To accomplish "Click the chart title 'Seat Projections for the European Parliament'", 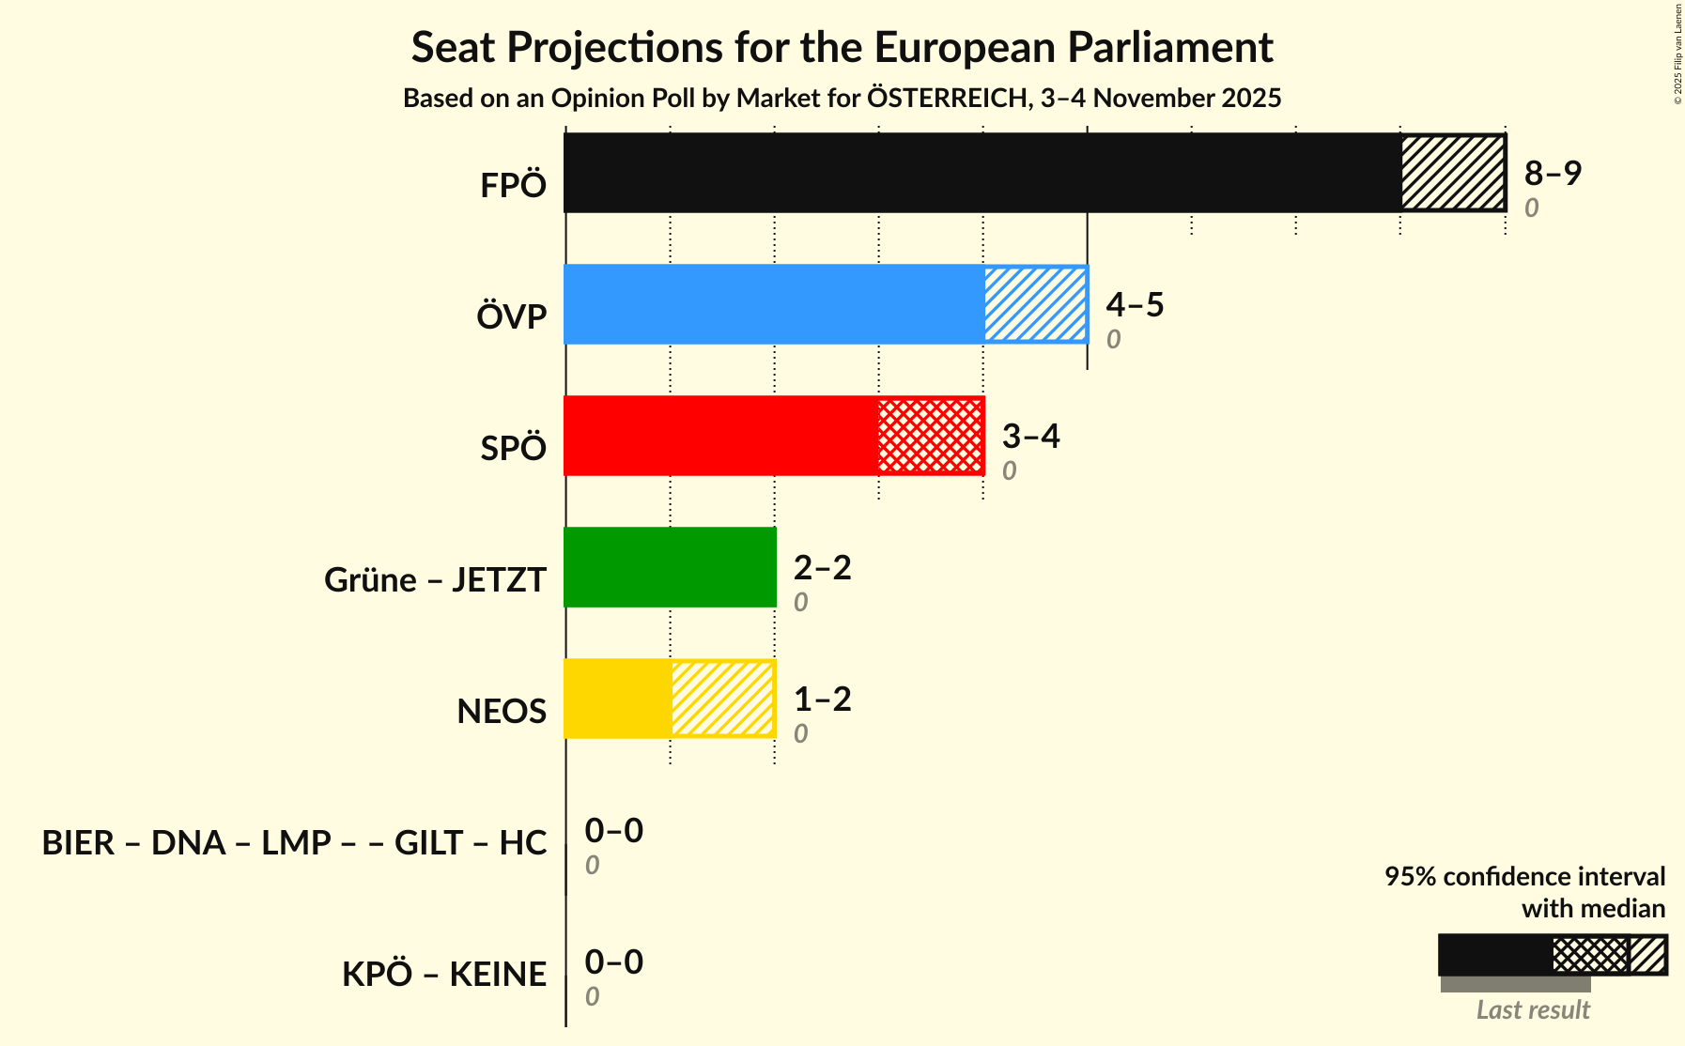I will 842,48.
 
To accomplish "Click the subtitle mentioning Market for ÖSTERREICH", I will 842,99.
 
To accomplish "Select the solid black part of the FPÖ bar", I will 982,173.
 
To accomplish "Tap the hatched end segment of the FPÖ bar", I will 1452,173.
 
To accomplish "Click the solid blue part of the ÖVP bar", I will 774,304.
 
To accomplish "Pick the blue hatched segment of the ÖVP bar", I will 1035,304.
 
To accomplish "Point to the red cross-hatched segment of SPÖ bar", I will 931,436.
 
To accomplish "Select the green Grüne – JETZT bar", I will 670,567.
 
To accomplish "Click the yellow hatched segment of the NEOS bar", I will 722,699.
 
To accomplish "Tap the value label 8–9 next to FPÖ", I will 1553,173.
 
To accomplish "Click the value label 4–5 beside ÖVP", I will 1135,304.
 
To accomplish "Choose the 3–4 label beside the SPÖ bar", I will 1030,436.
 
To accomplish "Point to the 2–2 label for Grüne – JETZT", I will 822,567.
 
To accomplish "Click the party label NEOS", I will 502,711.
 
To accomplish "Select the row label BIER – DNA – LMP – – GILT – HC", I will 294,842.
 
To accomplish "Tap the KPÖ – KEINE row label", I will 443,974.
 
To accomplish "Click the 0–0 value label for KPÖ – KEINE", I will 613,961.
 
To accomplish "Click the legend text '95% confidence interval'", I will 1523,876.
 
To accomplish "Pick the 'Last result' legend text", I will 1532,1009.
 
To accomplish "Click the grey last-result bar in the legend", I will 1514,984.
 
